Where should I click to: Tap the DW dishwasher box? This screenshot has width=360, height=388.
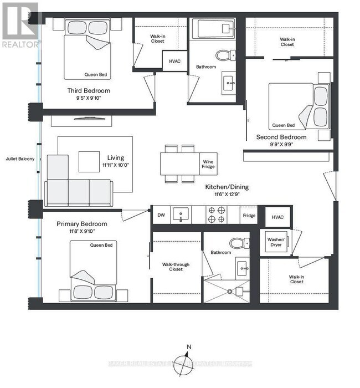coord(161,215)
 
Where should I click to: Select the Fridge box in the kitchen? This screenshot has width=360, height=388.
coord(249,215)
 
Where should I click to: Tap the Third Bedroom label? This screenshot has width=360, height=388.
coord(89,91)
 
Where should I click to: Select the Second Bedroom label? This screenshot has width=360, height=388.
coord(281,137)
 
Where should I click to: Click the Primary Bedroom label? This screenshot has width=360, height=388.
coord(82,224)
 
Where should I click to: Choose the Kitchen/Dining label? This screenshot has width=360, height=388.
coord(227,187)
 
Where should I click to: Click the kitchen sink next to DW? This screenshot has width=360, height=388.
coord(181,215)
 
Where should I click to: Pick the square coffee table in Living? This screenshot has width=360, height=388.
coord(90,162)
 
